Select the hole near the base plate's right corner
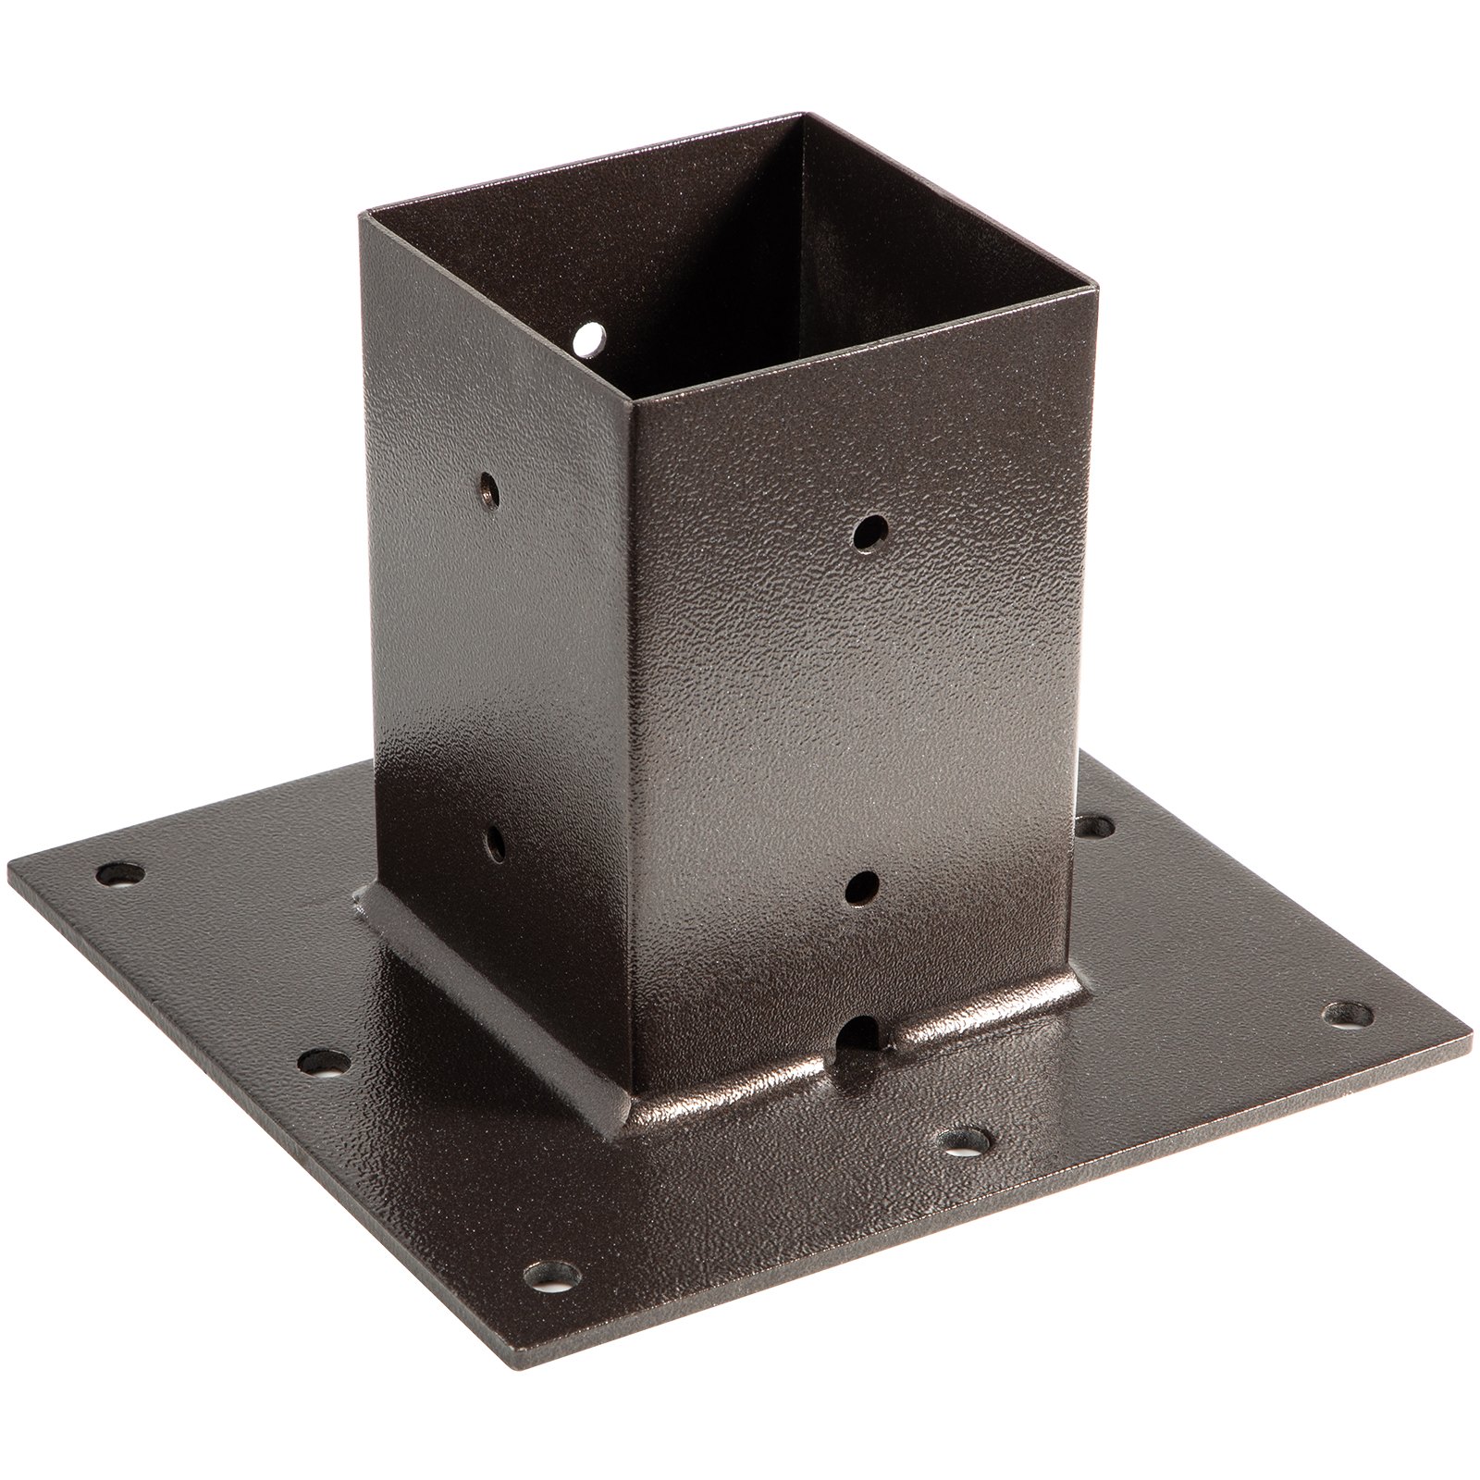tap(1348, 1014)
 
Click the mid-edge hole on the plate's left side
tap(324, 1063)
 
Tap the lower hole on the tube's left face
tap(496, 843)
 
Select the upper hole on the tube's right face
tap(869, 533)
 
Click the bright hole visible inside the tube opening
tap(586, 339)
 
